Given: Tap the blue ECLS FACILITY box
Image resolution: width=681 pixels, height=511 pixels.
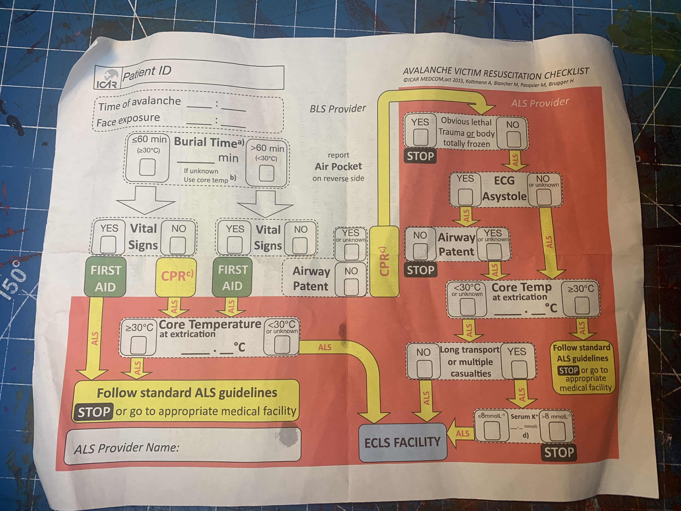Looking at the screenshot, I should click(403, 442).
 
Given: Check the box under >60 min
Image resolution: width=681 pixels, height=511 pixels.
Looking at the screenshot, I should click(266, 173).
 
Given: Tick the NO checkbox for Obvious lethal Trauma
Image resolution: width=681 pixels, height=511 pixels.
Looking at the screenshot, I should click(513, 139).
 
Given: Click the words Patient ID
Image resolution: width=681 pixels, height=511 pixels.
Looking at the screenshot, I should click(147, 73).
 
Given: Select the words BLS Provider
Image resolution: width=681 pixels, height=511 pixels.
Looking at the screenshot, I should click(338, 109).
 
